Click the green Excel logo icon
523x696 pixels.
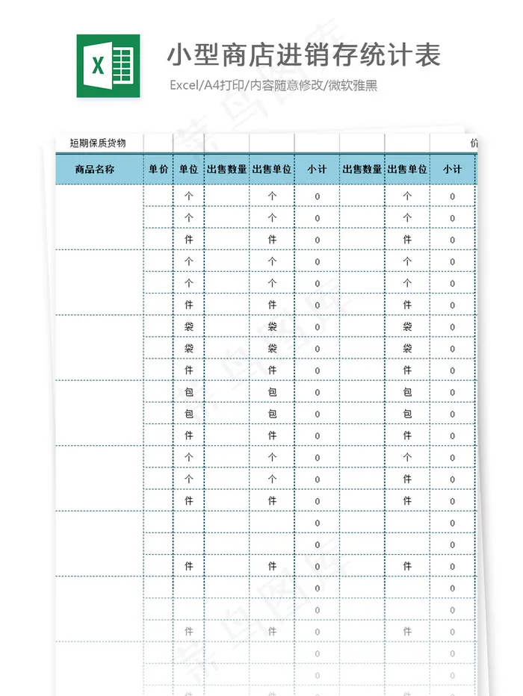coord(108,66)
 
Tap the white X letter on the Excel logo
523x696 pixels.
coord(97,66)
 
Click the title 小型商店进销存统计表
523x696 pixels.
coord(303,55)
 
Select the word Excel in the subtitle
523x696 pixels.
coord(184,86)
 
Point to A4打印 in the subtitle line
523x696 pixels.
coord(223,86)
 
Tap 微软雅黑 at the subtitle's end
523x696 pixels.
coord(353,86)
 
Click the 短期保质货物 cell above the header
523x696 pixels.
coord(98,143)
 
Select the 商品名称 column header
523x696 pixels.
coord(95,170)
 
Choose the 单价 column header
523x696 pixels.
coord(158,170)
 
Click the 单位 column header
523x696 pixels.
coord(188,170)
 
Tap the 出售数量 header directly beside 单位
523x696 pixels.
coord(226,170)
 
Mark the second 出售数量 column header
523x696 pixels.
coord(362,170)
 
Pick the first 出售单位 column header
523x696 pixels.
coord(272,170)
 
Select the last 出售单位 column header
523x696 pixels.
coord(407,170)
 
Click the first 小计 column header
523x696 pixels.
coord(317,170)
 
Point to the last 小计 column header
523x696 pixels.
coord(452,170)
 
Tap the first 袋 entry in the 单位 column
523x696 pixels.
coord(188,326)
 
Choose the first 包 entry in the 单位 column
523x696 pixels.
coord(188,392)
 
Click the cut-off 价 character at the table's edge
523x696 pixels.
coord(474,143)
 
